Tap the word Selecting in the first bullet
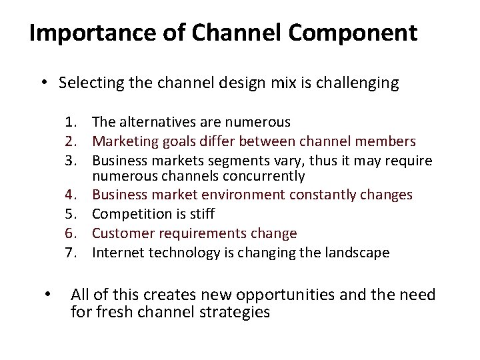(x=90, y=83)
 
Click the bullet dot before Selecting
(x=42, y=83)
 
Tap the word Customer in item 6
(x=119, y=233)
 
